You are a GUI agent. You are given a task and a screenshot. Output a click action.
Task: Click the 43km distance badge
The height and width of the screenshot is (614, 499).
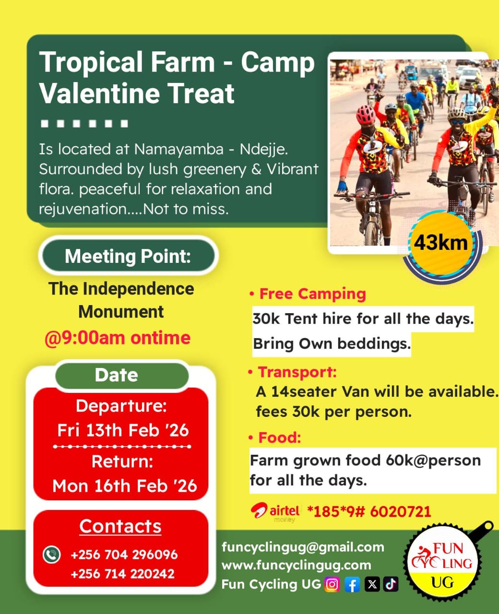point(441,243)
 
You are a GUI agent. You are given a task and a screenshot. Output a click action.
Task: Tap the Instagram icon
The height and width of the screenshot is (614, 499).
point(332,584)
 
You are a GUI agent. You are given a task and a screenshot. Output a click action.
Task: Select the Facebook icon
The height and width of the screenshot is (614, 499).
point(352,584)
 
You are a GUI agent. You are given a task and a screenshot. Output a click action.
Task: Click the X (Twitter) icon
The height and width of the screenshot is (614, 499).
point(372,584)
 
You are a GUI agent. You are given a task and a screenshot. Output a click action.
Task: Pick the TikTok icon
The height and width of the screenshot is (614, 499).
point(391,584)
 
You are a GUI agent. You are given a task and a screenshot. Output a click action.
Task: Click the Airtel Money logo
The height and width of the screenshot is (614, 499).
point(275,512)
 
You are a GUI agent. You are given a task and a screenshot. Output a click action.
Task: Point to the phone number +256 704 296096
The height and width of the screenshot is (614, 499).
point(124,555)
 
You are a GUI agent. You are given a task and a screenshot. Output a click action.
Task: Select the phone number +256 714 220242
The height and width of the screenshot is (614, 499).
point(122,574)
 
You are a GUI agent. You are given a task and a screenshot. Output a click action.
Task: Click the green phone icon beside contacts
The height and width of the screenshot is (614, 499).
point(51,555)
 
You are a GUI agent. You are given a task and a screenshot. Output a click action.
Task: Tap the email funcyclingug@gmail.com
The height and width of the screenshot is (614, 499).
point(303,547)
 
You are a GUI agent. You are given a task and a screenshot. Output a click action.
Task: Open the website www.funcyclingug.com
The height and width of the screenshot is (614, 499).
point(296,565)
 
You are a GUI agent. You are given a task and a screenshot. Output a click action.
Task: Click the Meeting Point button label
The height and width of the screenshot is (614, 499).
point(128,256)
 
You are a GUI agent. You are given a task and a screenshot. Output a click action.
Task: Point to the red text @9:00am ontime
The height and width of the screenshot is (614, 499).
point(118,338)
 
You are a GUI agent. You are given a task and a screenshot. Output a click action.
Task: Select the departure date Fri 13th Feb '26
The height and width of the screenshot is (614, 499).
point(123,430)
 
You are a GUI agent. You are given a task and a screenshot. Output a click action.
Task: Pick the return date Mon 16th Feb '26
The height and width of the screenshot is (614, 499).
point(125,486)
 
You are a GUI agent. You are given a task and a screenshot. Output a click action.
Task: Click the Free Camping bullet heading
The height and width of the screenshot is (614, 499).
point(312,294)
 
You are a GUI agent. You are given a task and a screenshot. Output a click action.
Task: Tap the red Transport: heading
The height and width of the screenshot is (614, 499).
point(297,372)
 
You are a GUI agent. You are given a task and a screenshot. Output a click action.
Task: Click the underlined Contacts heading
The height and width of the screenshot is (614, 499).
point(120,526)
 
